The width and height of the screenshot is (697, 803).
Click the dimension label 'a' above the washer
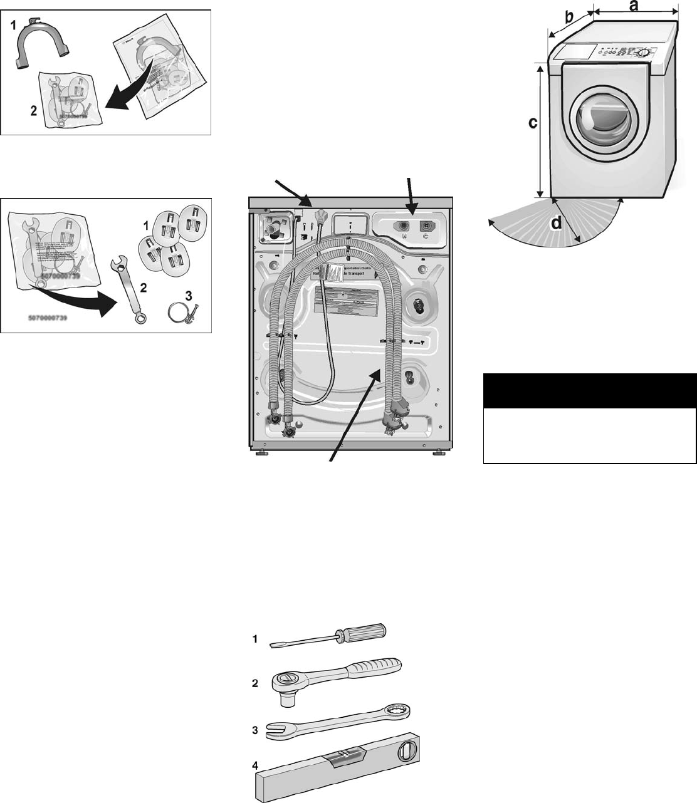click(634, 6)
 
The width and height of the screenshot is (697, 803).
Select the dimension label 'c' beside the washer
click(532, 123)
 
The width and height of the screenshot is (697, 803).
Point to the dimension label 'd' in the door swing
click(556, 223)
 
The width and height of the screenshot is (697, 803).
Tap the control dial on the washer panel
click(642, 54)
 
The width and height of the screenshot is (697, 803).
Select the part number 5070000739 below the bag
click(48, 318)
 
